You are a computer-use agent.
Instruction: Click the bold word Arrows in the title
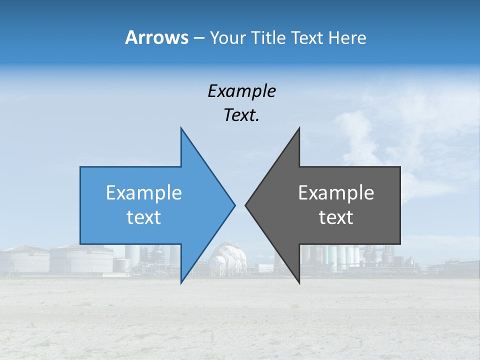(x=156, y=37)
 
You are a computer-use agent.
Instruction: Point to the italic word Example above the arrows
(x=241, y=91)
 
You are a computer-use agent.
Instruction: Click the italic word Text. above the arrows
(x=241, y=115)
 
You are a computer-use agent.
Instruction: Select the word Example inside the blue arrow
(x=144, y=193)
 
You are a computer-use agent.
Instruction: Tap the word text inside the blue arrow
(x=144, y=217)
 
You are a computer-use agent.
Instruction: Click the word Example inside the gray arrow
(x=336, y=193)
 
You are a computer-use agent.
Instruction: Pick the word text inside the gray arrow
(x=336, y=217)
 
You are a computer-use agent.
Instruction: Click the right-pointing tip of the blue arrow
(x=234, y=205)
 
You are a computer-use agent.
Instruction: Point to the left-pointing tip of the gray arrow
(x=246, y=205)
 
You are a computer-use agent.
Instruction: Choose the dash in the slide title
(x=198, y=38)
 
